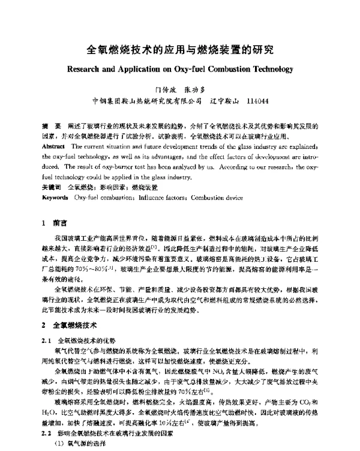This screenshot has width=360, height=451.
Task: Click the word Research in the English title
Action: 88,69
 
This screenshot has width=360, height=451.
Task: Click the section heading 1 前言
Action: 55,222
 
